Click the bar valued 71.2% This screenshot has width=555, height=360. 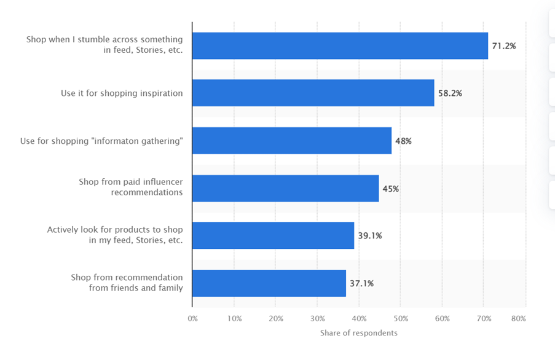(340, 46)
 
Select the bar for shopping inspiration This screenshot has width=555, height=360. (313, 93)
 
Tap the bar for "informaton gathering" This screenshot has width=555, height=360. (292, 141)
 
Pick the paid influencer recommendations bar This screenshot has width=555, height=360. (285, 189)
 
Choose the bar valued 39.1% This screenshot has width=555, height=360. (273, 236)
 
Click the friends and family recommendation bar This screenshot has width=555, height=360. (269, 283)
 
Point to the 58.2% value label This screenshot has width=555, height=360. (450, 93)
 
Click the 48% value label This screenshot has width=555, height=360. (403, 141)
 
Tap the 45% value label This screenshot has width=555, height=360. (390, 189)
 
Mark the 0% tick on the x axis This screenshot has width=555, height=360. (192, 319)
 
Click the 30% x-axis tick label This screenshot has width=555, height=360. (317, 319)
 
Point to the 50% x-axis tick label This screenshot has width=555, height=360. (400, 319)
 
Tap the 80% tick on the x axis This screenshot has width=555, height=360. (518, 319)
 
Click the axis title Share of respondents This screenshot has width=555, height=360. (358, 333)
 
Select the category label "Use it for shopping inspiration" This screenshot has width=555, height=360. (122, 93)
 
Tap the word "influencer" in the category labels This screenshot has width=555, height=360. (162, 182)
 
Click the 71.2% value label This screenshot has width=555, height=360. (504, 46)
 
